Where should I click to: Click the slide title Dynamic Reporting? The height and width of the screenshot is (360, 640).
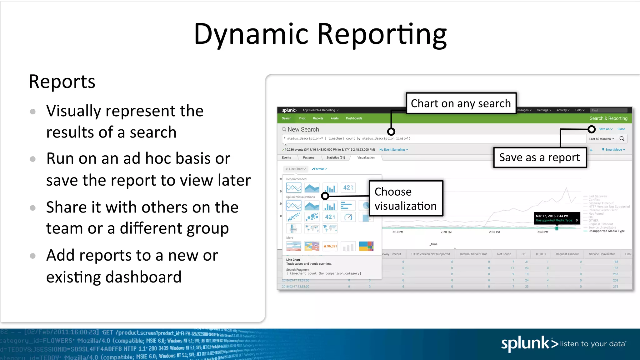(320, 34)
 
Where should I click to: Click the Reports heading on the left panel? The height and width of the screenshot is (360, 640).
(62, 82)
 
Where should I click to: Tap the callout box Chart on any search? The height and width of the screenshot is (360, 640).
(461, 103)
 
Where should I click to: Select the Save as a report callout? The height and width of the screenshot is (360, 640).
(540, 157)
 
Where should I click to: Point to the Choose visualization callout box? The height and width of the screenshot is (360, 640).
(406, 199)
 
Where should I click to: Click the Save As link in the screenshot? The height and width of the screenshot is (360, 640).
(605, 129)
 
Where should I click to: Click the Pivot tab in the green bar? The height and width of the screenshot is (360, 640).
(302, 118)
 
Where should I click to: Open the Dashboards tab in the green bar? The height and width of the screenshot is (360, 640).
(354, 118)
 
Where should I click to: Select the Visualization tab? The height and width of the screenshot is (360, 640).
(366, 157)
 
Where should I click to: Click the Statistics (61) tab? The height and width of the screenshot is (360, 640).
(335, 157)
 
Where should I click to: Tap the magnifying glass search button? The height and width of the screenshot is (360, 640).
(622, 139)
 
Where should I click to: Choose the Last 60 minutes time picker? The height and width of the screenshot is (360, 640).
(601, 139)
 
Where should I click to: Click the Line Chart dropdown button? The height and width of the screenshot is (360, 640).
(296, 169)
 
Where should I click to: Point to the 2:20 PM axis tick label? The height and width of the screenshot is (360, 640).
(446, 232)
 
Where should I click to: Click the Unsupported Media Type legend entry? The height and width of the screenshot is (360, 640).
(606, 231)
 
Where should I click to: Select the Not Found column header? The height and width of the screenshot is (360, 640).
(504, 254)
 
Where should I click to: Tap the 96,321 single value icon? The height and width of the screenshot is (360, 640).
(330, 246)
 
